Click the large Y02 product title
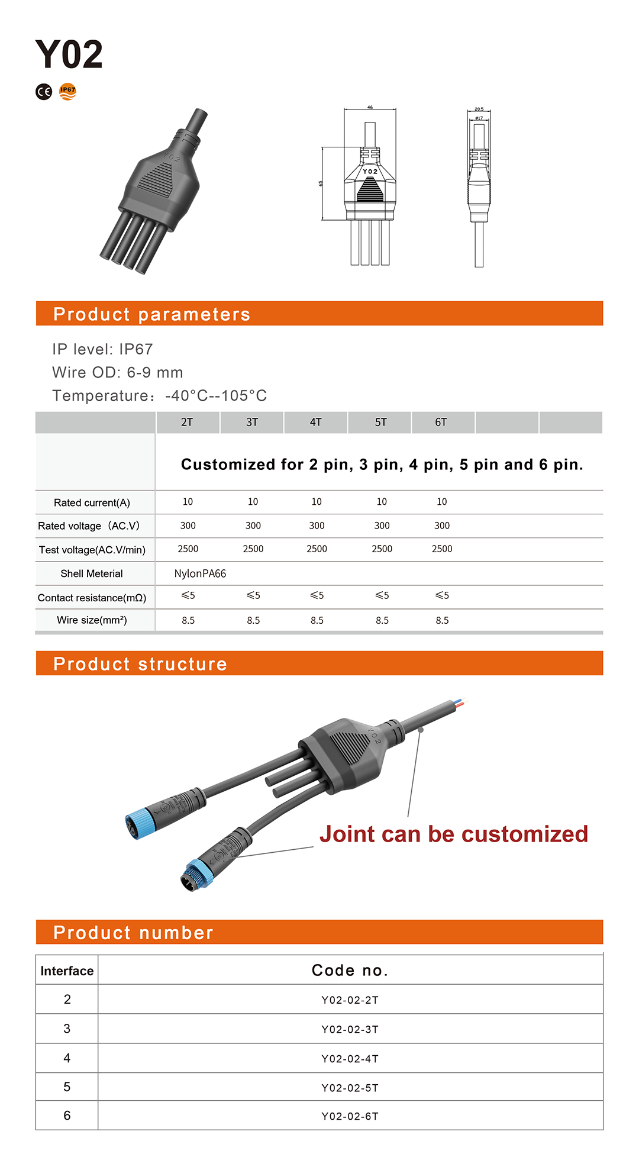pos(69,54)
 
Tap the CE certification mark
pos(44,92)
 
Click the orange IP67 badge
pos(68,91)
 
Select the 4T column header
pos(316,423)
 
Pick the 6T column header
pos(441,423)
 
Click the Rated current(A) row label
pos(92,503)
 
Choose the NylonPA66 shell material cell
pos(200,573)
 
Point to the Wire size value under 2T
pos(188,620)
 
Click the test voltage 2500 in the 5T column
pos(382,549)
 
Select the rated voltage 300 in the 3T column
pos(253,526)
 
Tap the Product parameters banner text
pos(151,314)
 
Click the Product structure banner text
pos(140,664)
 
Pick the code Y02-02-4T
pos(350,1059)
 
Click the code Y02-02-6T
pos(350,1116)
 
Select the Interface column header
pos(67,971)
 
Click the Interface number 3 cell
pos(67,1029)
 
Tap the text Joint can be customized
pos(454,834)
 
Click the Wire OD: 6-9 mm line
pos(118,372)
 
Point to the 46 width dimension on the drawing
pos(370,108)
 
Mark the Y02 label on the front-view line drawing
pos(370,172)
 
